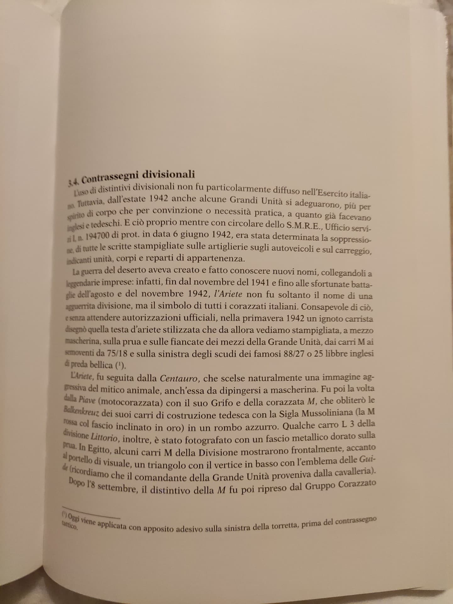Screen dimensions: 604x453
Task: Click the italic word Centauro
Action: point(178,378)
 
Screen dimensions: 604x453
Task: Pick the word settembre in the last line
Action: point(117,489)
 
